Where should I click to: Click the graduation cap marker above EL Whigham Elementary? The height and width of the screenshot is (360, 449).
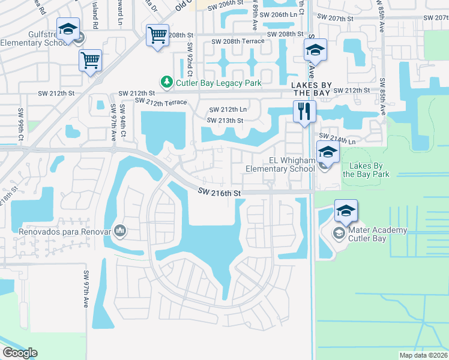pyautogui.click(x=328, y=154)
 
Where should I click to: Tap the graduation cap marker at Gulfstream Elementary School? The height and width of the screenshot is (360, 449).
pyautogui.click(x=68, y=29)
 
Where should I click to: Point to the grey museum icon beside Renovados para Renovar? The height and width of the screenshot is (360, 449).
pyautogui.click(x=120, y=230)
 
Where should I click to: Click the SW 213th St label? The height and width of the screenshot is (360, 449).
pyautogui.click(x=225, y=121)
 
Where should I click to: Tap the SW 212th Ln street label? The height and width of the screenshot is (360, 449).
pyautogui.click(x=228, y=110)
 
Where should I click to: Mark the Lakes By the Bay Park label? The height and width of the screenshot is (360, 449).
pyautogui.click(x=366, y=170)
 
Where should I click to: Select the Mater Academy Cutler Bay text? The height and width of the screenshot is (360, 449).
pyautogui.click(x=376, y=234)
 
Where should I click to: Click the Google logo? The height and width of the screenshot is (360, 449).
pyautogui.click(x=20, y=353)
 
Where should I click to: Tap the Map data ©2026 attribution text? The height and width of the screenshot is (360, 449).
pyautogui.click(x=423, y=355)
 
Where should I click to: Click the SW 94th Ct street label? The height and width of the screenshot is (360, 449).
pyautogui.click(x=123, y=120)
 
